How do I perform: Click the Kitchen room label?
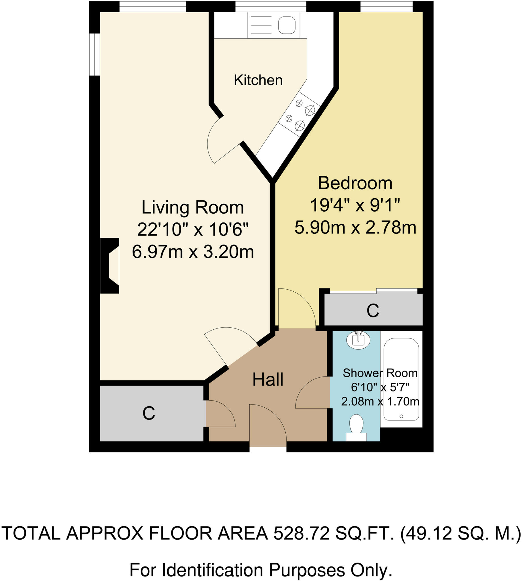pos(258,80)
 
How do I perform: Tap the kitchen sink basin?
pos(287,25)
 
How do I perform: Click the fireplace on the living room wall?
pos(110,266)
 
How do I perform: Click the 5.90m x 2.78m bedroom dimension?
pos(355,228)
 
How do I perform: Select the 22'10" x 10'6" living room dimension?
pos(193,230)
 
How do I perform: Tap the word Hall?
pos(268,380)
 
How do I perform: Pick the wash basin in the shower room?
pos(358,340)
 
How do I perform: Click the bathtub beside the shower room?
pos(401,380)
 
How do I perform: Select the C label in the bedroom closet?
pos(373,311)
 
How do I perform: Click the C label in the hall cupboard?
pos(148,414)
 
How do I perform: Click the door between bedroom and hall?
pos(297,309)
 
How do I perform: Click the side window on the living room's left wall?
pos(94,54)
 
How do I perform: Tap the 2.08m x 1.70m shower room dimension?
pos(380,401)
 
